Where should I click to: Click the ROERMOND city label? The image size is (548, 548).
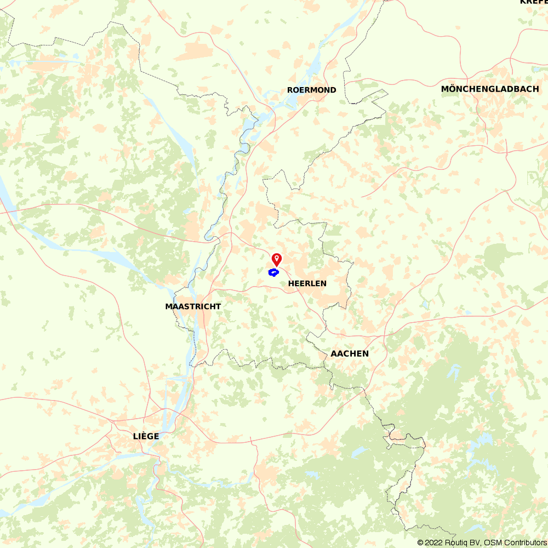pyautogui.click(x=312, y=90)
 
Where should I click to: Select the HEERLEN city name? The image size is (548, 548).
pyautogui.click(x=307, y=283)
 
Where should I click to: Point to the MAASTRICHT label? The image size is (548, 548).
pyautogui.click(x=193, y=306)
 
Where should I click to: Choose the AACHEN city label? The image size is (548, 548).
pyautogui.click(x=350, y=353)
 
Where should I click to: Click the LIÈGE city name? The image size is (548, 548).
pyautogui.click(x=146, y=436)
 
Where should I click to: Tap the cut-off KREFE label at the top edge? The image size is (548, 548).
pyautogui.click(x=533, y=2)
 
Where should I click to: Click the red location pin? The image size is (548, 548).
pyautogui.click(x=277, y=260)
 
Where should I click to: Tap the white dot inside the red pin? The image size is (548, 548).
pyautogui.click(x=277, y=258)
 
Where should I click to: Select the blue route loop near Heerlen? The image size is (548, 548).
pyautogui.click(x=273, y=272)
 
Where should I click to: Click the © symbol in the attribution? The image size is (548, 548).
pyautogui.click(x=420, y=543)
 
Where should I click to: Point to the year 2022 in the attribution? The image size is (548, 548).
pyautogui.click(x=434, y=543)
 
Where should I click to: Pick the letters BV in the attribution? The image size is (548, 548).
pyautogui.click(x=477, y=543)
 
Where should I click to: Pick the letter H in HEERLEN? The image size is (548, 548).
pyautogui.click(x=291, y=283)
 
